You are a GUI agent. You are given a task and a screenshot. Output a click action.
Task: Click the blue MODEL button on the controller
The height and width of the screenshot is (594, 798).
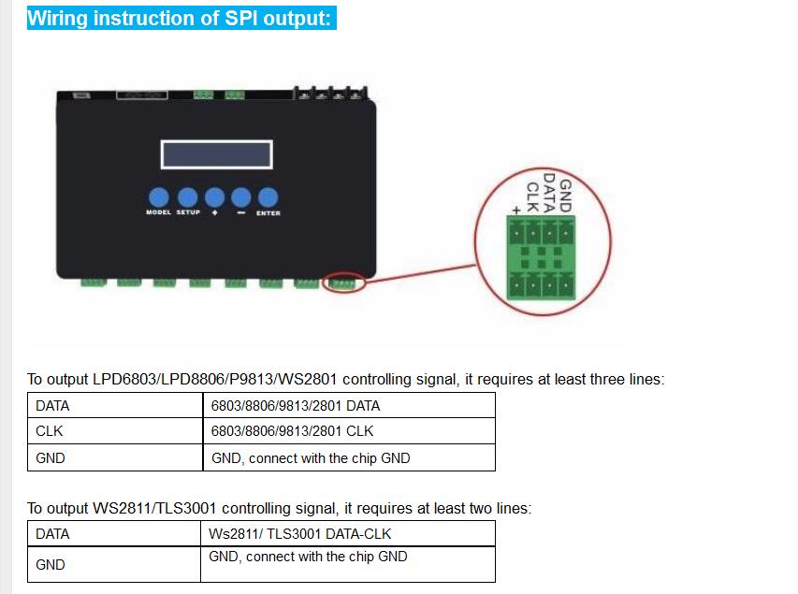[159, 197]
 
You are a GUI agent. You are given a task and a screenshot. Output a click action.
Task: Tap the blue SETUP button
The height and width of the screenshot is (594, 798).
[187, 197]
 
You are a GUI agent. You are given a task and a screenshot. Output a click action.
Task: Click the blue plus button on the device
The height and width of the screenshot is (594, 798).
[214, 197]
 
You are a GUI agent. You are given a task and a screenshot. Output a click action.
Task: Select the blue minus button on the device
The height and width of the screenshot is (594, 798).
[240, 197]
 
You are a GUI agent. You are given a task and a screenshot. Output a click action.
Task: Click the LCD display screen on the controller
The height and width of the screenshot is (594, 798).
[217, 154]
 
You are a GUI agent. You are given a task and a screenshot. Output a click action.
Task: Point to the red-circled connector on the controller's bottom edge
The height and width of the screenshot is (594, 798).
[343, 283]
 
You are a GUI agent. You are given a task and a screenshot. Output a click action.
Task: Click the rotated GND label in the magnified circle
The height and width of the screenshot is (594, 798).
[565, 196]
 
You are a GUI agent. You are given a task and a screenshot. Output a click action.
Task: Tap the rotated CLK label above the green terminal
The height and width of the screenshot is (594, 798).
[532, 197]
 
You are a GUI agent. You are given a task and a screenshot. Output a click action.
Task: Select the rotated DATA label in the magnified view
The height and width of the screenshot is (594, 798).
[549, 193]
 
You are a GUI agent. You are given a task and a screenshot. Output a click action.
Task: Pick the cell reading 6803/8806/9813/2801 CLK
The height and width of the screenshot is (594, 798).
[292, 431]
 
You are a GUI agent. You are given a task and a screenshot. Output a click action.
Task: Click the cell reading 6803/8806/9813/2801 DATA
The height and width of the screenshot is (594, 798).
[296, 406]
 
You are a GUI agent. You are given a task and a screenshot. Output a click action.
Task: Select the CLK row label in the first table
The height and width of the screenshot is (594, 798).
[50, 431]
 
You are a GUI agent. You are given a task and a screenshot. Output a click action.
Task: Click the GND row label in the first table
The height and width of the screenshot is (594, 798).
[51, 458]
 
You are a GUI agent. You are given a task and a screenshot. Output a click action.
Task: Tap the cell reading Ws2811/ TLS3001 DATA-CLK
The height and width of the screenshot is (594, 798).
[299, 534]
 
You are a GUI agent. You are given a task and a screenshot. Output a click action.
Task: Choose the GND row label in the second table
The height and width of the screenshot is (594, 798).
[51, 564]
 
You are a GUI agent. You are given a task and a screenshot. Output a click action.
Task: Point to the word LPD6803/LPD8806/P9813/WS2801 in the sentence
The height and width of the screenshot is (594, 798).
[215, 379]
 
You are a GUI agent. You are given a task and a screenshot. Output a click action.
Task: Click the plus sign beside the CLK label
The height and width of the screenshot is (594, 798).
[516, 210]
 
